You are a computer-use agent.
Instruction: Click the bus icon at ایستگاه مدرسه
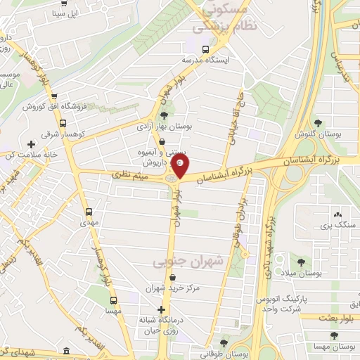pos(205,49)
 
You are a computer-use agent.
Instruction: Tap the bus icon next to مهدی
pos(89,211)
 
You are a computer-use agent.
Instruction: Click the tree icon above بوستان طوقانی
pos(224,343)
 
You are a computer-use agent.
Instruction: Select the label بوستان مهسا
pos(335,348)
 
